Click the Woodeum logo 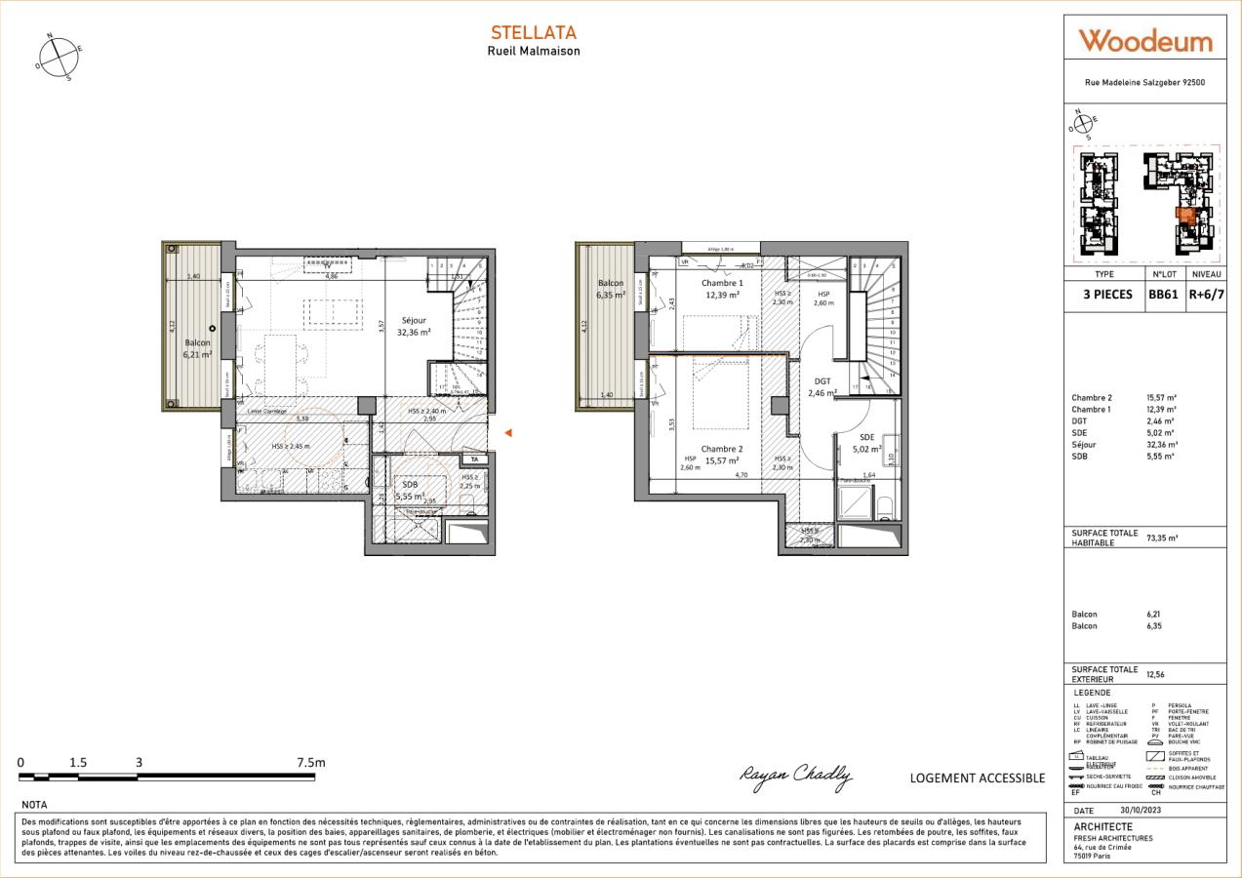click(1145, 41)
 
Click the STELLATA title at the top click(533, 33)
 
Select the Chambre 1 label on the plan click(722, 289)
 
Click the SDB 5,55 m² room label click(410, 490)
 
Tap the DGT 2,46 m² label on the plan click(822, 387)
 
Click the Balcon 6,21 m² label click(199, 349)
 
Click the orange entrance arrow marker click(506, 433)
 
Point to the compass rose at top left click(60, 56)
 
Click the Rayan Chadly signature click(795, 776)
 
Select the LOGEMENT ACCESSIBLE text click(977, 778)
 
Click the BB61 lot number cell click(1164, 294)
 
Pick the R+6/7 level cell click(1206, 294)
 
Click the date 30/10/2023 click(1141, 811)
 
